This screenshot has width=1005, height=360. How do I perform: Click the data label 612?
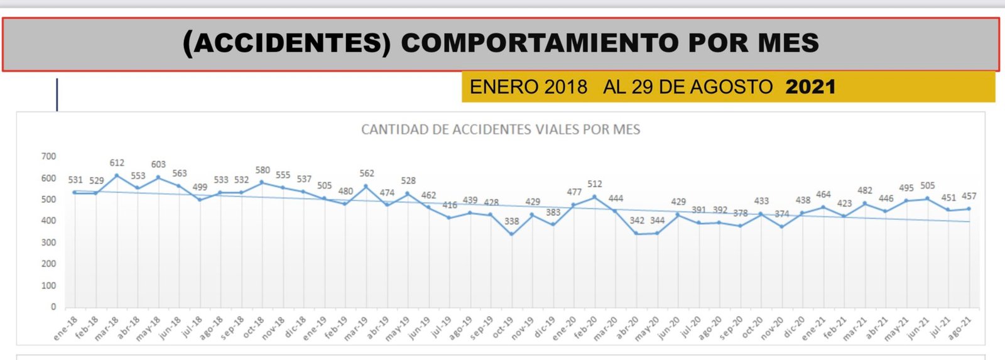117,163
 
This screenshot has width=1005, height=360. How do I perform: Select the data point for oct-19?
512,234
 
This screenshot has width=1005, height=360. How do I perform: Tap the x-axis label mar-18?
106,328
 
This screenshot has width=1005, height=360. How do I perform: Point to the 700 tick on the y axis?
48,156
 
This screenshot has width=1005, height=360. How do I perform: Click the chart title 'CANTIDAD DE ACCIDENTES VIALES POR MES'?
501,130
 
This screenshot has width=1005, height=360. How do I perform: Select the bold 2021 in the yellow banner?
810,87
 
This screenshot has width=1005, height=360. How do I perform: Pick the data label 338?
512,221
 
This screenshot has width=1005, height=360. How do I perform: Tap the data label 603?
158,165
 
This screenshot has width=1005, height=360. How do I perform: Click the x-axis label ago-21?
959,328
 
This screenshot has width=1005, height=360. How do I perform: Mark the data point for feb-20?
595,197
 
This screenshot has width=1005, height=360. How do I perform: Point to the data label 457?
969,196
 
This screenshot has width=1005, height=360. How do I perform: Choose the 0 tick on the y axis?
53,307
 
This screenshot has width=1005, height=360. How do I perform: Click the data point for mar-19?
366,187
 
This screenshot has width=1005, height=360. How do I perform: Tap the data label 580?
263,170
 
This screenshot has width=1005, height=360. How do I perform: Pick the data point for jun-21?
928,199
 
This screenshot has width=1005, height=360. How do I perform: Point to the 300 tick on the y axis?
48,243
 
